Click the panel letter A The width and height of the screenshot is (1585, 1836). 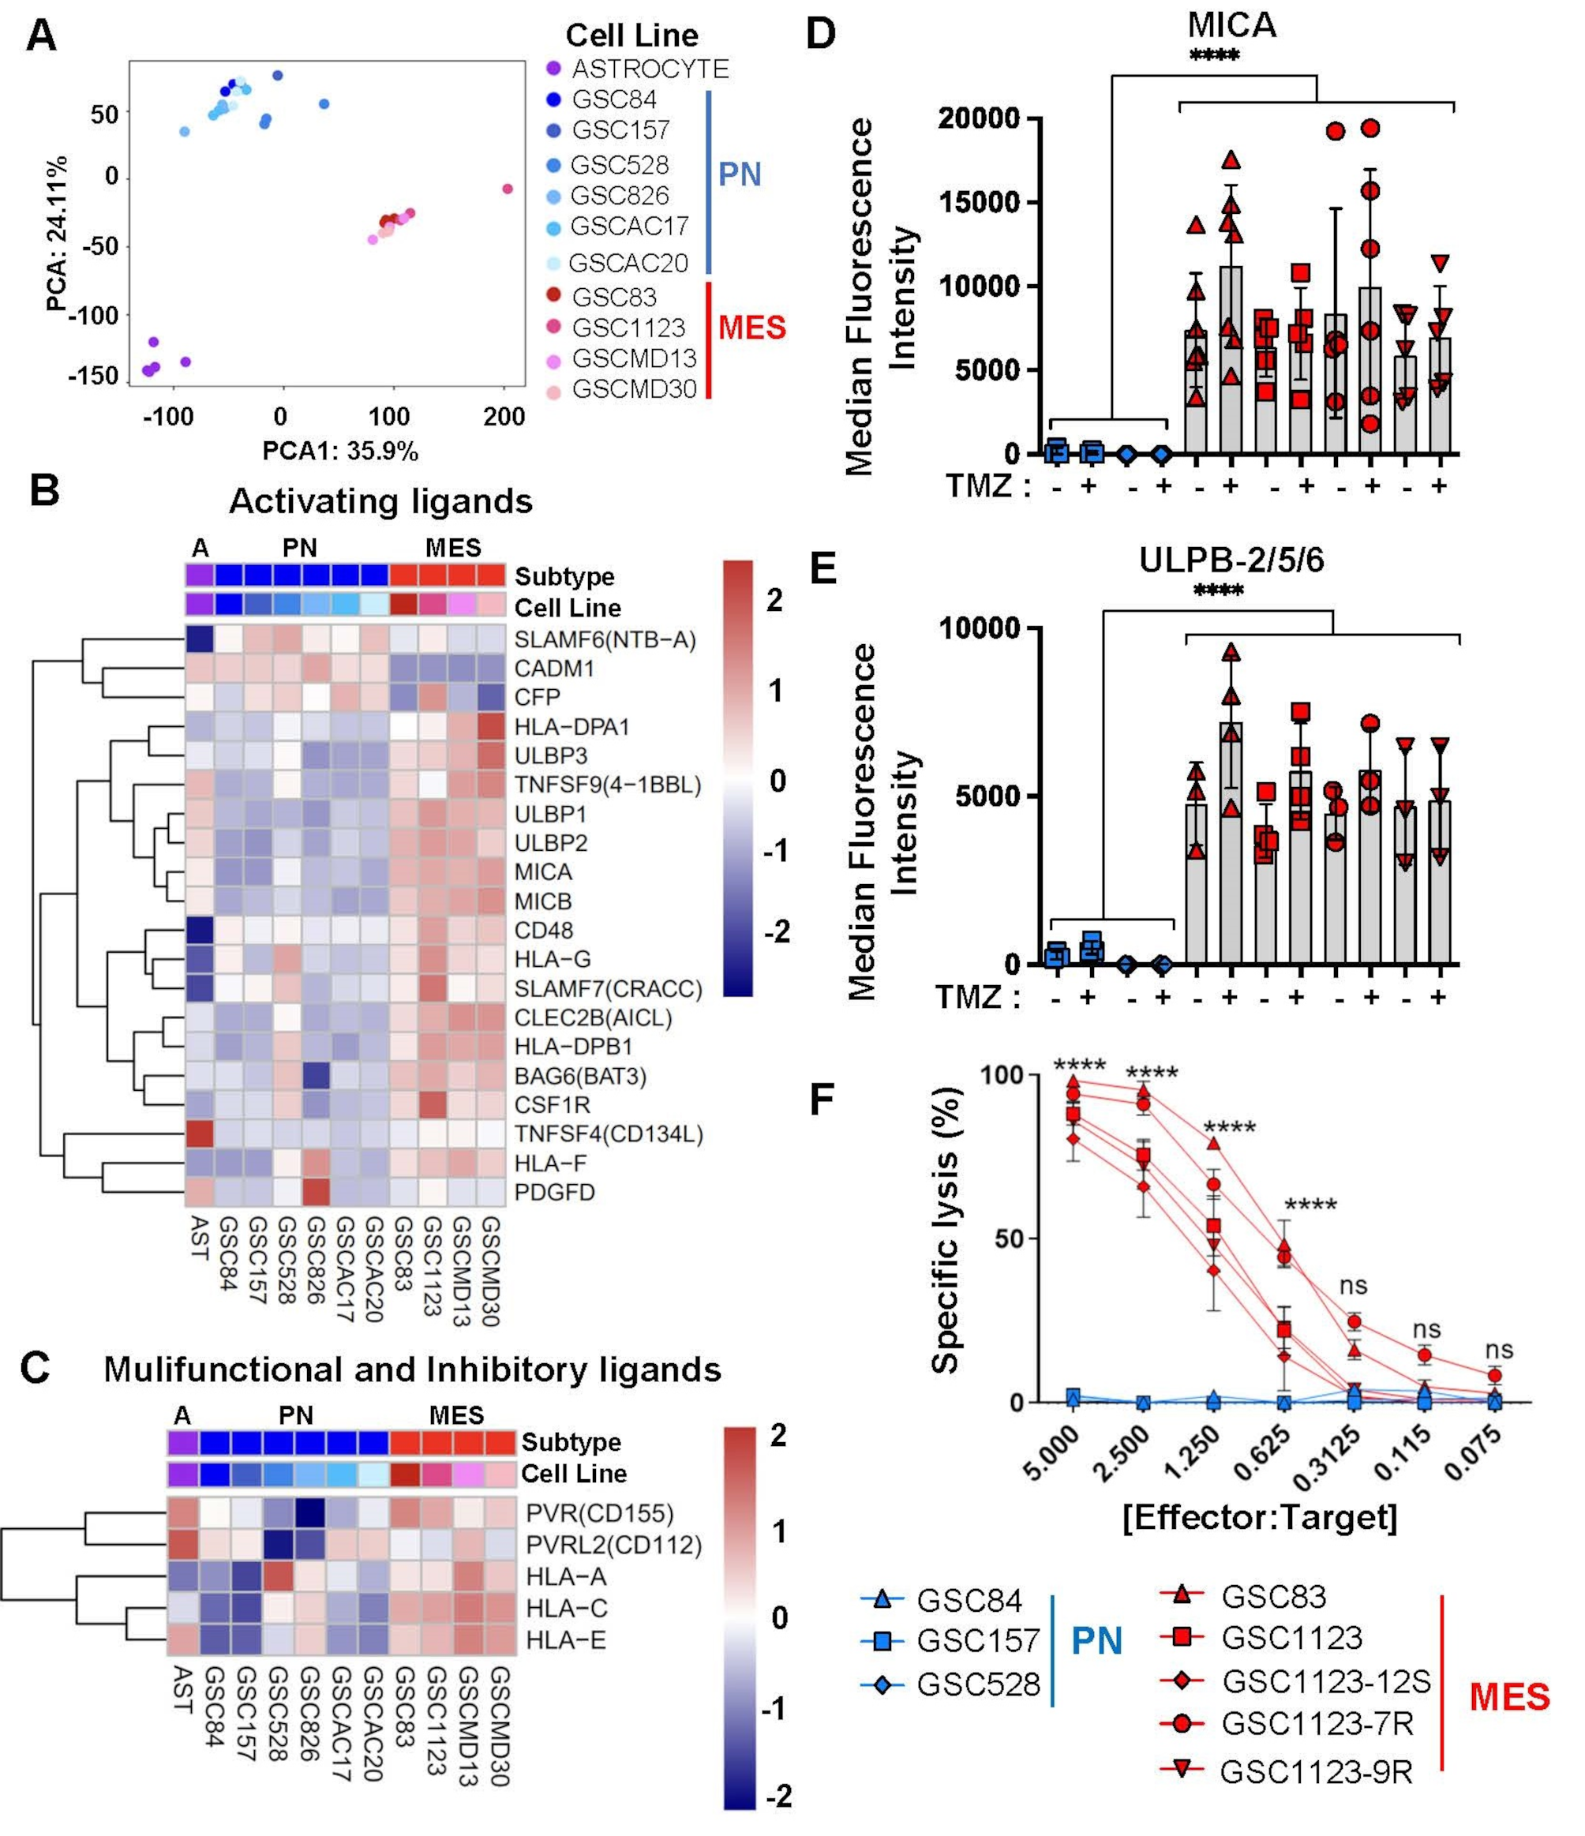point(41,37)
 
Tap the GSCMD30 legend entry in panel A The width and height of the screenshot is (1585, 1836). point(634,388)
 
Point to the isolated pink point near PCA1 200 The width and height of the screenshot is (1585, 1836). point(508,189)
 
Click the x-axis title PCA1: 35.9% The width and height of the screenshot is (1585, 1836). point(340,451)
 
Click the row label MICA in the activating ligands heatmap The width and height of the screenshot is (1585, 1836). point(543,872)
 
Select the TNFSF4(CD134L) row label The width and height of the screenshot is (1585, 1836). point(608,1133)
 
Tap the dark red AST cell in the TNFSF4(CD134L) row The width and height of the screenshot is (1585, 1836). point(200,1133)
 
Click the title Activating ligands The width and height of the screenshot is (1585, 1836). point(381,501)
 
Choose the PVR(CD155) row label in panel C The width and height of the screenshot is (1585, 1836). point(599,1512)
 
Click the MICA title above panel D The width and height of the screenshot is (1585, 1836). point(1231,24)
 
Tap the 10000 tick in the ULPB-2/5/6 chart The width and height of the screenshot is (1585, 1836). point(979,628)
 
